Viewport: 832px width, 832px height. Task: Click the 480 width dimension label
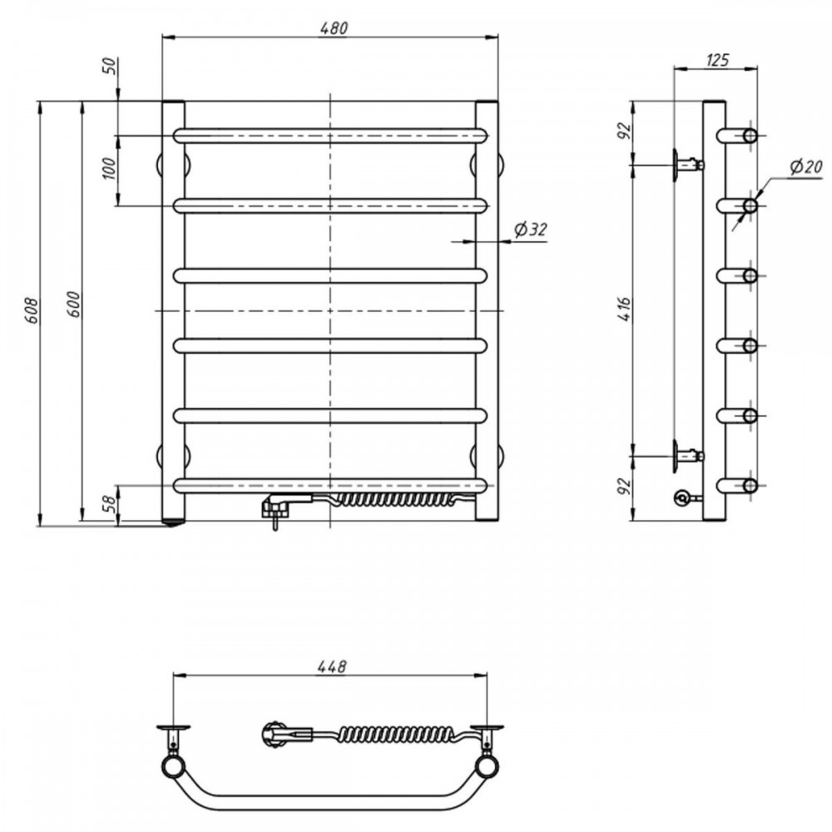click(x=334, y=27)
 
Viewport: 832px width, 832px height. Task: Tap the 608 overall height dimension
click(x=32, y=310)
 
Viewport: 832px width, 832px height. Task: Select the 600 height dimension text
click(x=74, y=305)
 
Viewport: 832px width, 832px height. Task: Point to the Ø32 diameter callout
click(x=530, y=230)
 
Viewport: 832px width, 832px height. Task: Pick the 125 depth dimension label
click(x=717, y=60)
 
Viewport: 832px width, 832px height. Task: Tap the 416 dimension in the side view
click(x=625, y=309)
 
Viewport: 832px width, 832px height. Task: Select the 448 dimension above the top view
click(x=333, y=666)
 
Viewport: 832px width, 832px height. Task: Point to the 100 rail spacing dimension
click(x=108, y=169)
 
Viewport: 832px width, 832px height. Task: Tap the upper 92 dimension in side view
click(x=625, y=131)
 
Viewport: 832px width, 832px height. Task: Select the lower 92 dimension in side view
click(x=625, y=486)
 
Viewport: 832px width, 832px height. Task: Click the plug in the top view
click(x=286, y=735)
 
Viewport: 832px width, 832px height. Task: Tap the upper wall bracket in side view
click(x=688, y=165)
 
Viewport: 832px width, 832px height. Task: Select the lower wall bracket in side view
click(x=688, y=456)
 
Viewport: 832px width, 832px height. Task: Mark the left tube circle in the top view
click(x=172, y=767)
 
